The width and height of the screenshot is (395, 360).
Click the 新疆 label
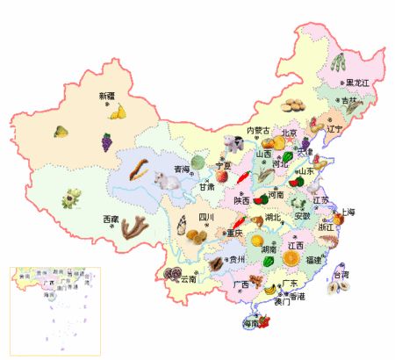[x=107, y=95]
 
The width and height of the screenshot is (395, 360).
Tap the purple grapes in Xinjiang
[x=106, y=141]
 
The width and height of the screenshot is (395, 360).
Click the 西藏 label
[x=111, y=217]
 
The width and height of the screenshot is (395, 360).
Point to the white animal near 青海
[x=165, y=181]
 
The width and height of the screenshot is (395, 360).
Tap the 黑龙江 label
[x=358, y=83]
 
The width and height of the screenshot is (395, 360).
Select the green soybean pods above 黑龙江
[x=339, y=62]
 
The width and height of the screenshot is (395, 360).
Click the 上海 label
[x=348, y=212]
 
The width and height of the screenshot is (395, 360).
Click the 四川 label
[x=206, y=216]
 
